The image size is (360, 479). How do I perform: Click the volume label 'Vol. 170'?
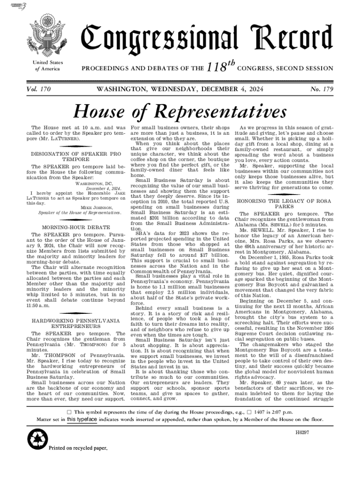(42, 88)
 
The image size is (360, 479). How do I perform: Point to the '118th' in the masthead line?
(219, 69)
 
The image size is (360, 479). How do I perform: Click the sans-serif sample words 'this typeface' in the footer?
(84, 420)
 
